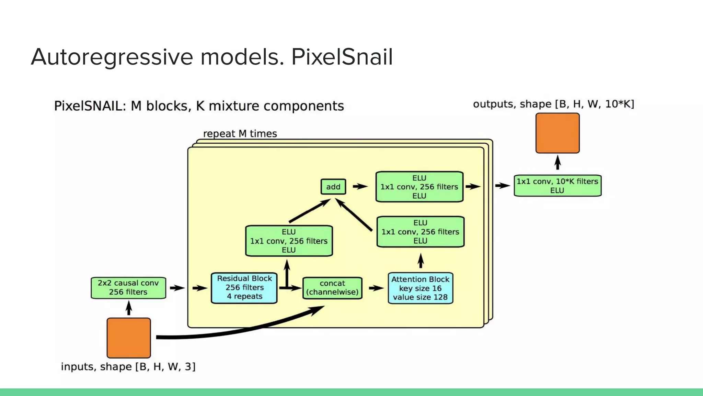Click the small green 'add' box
pyautogui.click(x=333, y=187)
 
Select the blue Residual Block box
pyautogui.click(x=244, y=288)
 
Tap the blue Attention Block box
pyautogui.click(x=420, y=288)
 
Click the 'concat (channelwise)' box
pyautogui.click(x=332, y=288)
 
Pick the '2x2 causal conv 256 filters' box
pyautogui.click(x=128, y=288)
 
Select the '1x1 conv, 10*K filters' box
pyautogui.click(x=557, y=186)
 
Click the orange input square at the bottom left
pyautogui.click(x=129, y=338)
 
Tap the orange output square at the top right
pyautogui.click(x=557, y=133)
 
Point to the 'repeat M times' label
pyautogui.click(x=240, y=133)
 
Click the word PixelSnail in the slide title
pyautogui.click(x=342, y=57)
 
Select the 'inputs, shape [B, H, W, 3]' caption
pyautogui.click(x=128, y=366)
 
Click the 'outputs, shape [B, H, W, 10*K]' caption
pyautogui.click(x=553, y=104)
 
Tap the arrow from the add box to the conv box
pyautogui.click(x=360, y=186)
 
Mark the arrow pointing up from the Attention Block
pyautogui.click(x=420, y=261)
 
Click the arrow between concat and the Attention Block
pyautogui.click(x=376, y=288)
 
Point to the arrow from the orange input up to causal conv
pyautogui.click(x=129, y=308)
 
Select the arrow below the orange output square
pyautogui.click(x=557, y=163)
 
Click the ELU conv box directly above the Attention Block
pyautogui.click(x=420, y=232)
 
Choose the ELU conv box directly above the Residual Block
pyautogui.click(x=289, y=241)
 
